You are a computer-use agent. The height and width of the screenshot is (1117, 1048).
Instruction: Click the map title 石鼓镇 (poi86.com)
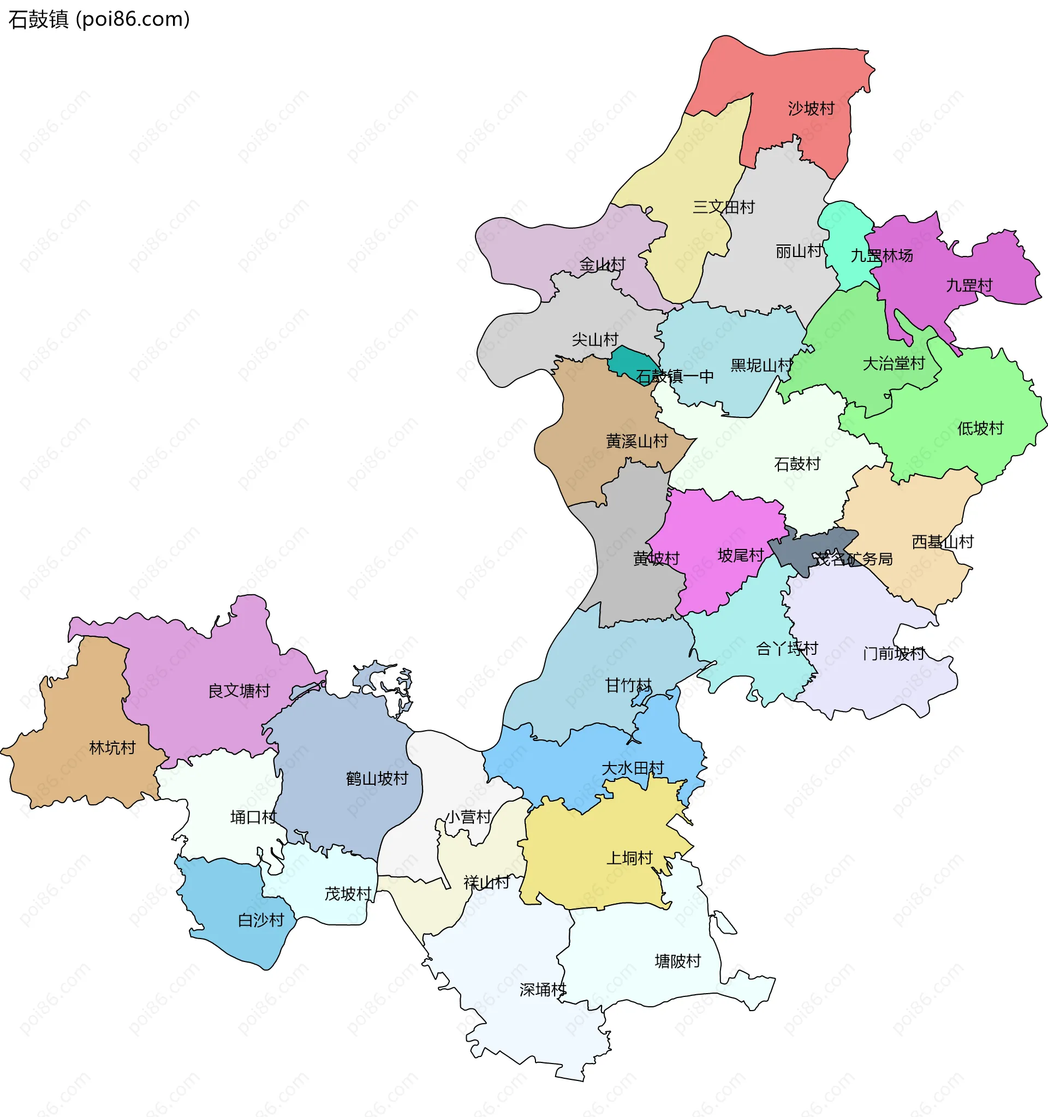pyautogui.click(x=99, y=19)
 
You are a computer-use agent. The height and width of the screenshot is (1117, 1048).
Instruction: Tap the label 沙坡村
pyautogui.click(x=811, y=109)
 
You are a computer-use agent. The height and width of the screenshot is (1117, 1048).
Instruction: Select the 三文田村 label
pyautogui.click(x=723, y=207)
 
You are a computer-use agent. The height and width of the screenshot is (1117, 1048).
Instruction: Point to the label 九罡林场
pyautogui.click(x=881, y=256)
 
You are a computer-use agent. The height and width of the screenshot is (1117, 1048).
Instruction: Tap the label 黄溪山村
pyautogui.click(x=636, y=441)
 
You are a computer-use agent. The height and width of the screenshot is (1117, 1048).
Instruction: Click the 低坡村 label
pyautogui.click(x=980, y=429)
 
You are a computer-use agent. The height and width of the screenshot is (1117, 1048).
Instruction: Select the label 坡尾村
pyautogui.click(x=741, y=555)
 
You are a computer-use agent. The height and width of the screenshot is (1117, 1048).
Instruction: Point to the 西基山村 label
pyautogui.click(x=942, y=542)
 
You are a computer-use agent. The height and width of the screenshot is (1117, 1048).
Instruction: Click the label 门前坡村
pyautogui.click(x=894, y=654)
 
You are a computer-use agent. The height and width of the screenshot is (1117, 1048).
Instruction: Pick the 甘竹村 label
pyautogui.click(x=628, y=685)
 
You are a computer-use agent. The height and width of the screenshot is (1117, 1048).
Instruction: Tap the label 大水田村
pyautogui.click(x=633, y=768)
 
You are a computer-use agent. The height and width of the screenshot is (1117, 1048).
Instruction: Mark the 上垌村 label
pyautogui.click(x=629, y=858)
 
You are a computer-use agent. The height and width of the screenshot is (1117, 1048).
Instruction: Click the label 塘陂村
pyautogui.click(x=678, y=961)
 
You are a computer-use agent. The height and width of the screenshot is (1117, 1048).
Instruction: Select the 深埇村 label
pyautogui.click(x=543, y=989)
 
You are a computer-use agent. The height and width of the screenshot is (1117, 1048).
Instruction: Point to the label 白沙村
pyautogui.click(x=261, y=921)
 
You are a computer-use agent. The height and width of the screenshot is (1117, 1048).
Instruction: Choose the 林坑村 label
pyautogui.click(x=112, y=748)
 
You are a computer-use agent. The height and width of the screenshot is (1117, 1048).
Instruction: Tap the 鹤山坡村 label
pyautogui.click(x=377, y=779)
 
